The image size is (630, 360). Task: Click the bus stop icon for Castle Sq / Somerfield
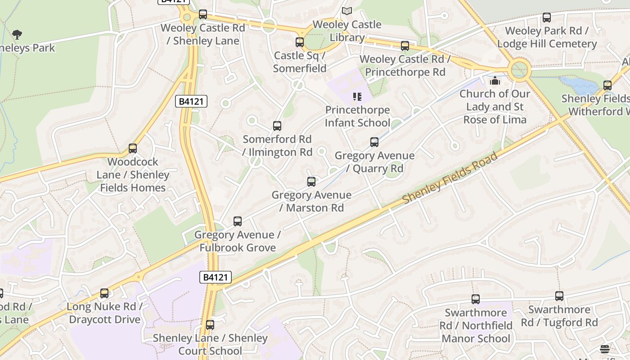[300, 42]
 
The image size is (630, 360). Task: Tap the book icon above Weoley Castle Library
[346, 11]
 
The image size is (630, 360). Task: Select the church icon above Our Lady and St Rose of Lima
[495, 81]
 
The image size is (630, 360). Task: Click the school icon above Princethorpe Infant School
[357, 97]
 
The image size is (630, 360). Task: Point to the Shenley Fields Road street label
[450, 178]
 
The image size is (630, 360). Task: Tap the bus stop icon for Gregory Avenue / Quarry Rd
[374, 142]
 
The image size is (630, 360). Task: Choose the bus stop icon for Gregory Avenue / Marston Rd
[311, 182]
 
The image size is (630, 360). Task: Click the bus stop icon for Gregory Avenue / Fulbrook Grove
[238, 221]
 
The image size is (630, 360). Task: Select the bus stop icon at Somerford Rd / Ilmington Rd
[277, 126]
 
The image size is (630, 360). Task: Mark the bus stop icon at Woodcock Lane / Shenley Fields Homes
[133, 148]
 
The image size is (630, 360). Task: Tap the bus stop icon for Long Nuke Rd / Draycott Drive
[104, 293]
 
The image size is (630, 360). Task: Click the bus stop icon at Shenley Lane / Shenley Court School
[210, 325]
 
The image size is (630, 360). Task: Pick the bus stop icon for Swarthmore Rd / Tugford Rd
[559, 296]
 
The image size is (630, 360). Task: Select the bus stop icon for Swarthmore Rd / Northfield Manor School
[476, 299]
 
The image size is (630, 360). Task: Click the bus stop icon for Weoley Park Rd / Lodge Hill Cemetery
[547, 18]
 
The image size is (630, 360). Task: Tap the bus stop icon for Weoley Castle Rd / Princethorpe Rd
[405, 46]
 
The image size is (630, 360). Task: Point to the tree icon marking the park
[17, 35]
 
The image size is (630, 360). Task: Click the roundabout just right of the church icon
[519, 70]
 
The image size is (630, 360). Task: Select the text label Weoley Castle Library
[346, 31]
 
